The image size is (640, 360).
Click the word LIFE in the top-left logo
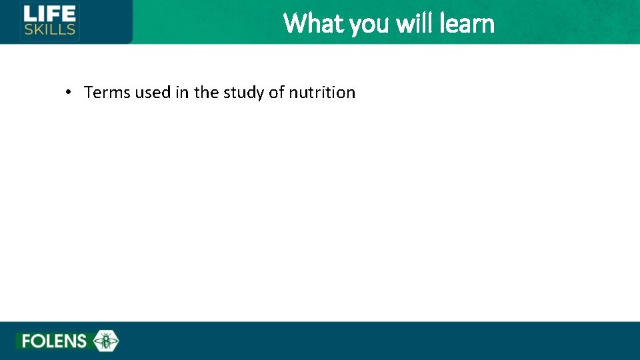point(50,14)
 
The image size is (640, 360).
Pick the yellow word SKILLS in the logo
point(50,30)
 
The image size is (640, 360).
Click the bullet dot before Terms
point(69,92)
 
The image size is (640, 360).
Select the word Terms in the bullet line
point(107,92)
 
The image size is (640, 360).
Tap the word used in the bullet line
point(153,92)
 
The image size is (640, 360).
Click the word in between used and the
point(182,92)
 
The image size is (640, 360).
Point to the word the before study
point(206,92)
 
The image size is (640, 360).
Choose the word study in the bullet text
point(243,93)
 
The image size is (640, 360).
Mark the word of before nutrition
point(277,92)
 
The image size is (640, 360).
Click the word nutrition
point(322,92)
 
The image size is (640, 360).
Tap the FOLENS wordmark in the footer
point(54,341)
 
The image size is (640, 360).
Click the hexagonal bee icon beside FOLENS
point(105,341)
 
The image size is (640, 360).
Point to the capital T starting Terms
point(89,92)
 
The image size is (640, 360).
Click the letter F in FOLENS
point(27,341)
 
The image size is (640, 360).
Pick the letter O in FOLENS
point(37,341)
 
